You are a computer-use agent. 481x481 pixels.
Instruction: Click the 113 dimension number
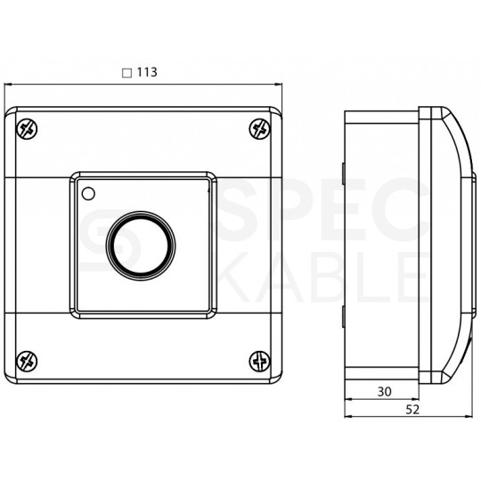pyautogui.click(x=147, y=72)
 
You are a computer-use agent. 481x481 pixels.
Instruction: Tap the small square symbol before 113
pyautogui.click(x=127, y=73)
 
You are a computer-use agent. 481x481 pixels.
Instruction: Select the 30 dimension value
pyautogui.click(x=385, y=392)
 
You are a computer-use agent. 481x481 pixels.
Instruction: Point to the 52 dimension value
pyautogui.click(x=412, y=410)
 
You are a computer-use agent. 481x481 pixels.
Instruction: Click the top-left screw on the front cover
pyautogui.click(x=27, y=129)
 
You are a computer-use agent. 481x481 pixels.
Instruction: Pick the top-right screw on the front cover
pyautogui.click(x=260, y=129)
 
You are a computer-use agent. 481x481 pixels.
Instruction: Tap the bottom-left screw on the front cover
pyautogui.click(x=27, y=362)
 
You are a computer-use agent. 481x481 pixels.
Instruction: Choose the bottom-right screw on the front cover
pyautogui.click(x=260, y=362)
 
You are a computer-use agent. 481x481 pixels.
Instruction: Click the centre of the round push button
pyautogui.click(x=141, y=246)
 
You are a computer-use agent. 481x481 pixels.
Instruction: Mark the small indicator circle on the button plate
pyautogui.click(x=88, y=194)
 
